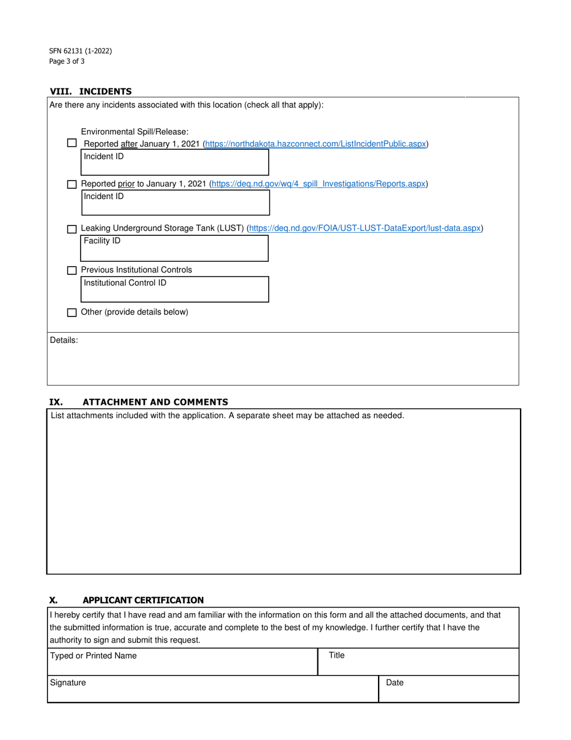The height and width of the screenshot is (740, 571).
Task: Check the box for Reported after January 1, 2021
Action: tap(72, 143)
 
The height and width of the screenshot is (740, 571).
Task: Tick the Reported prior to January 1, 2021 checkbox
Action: tap(72, 184)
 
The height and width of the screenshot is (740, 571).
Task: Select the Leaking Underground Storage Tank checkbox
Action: tap(72, 229)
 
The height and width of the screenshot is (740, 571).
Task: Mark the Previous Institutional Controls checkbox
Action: tap(72, 271)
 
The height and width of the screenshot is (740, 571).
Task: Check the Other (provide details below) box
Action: tap(72, 313)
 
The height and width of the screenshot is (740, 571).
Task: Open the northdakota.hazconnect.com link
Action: tap(316, 144)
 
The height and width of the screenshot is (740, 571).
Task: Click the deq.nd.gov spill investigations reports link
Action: tap(319, 183)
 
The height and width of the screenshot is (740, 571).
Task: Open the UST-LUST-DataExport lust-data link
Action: tap(365, 228)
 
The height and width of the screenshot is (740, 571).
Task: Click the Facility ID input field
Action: tap(175, 248)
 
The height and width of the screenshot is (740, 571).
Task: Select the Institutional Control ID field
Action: tap(175, 289)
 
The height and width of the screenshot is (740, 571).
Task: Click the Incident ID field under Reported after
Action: tap(175, 162)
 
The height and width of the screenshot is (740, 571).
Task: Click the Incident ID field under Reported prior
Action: tap(175, 202)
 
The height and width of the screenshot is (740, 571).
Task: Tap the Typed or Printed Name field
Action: tap(182, 662)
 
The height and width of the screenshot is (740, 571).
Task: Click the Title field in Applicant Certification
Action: tap(418, 662)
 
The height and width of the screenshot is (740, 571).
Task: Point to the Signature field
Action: tap(213, 689)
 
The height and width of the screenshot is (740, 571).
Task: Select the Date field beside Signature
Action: tap(448, 689)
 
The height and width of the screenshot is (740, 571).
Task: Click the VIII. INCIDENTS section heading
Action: tap(91, 91)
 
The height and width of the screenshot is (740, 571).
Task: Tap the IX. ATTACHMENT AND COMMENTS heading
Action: tap(138, 402)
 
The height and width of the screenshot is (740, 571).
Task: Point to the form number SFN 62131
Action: tap(81, 51)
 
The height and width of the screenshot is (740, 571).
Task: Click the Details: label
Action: tap(64, 341)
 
